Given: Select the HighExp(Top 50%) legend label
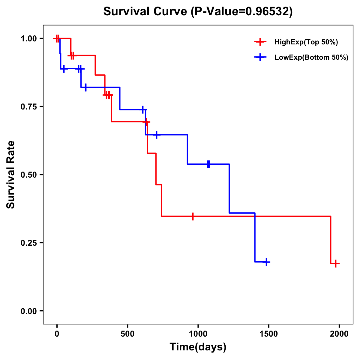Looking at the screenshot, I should [x=306, y=42].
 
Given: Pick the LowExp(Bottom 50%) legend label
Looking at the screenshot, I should [x=311, y=58].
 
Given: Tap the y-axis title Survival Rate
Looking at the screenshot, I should [x=11, y=174].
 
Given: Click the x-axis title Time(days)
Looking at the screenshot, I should [x=198, y=347].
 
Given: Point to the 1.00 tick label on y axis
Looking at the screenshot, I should [x=28, y=39].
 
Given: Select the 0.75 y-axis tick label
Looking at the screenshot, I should [x=28, y=107].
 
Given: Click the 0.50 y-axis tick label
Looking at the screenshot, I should [x=28, y=175].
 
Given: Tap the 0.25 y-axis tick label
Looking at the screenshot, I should [x=28, y=243].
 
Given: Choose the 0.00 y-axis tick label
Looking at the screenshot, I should [x=28, y=311].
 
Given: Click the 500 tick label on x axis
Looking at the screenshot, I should [x=127, y=334].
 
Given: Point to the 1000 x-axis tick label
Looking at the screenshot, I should [x=198, y=334].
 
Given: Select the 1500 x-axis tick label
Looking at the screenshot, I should [x=268, y=334].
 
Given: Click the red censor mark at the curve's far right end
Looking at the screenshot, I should [x=336, y=264].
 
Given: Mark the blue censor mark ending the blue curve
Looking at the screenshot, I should [x=266, y=262].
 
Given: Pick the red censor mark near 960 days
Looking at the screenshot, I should [x=193, y=216].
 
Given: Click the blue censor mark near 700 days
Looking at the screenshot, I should [x=156, y=135].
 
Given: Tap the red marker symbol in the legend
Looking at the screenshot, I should [x=260, y=42].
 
